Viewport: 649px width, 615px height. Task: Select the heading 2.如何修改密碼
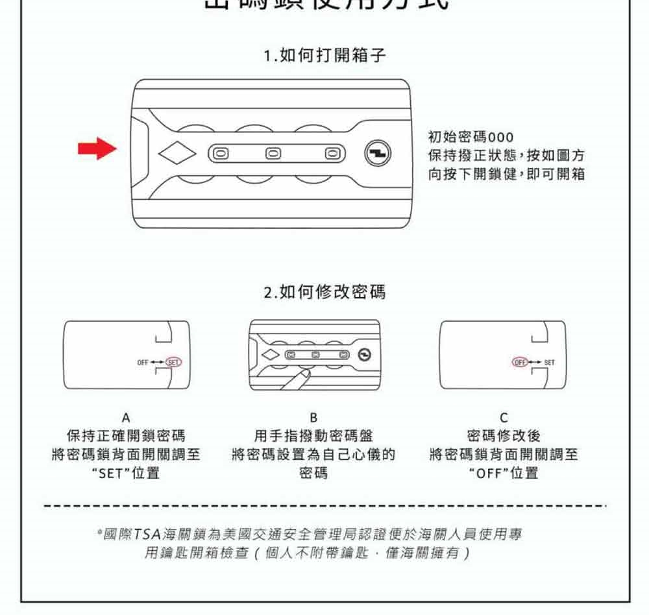pos(324,293)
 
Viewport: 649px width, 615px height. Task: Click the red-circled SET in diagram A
pos(174,361)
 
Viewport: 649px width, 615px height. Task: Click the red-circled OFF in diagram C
pos(520,361)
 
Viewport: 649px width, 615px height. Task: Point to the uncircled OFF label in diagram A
pos(143,361)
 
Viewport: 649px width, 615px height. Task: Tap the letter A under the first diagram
pos(125,418)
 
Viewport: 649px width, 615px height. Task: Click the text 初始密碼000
pos(471,138)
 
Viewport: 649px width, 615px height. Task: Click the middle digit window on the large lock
pos(276,154)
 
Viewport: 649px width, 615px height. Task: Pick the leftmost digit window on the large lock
pos(221,154)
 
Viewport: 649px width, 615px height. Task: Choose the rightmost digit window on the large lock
pos(331,154)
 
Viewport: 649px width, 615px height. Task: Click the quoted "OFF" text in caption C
pos(487,473)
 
